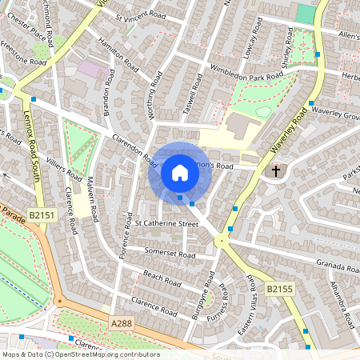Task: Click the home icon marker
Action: [x=180, y=173]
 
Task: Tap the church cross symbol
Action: [x=276, y=171]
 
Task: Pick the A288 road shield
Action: [x=122, y=322]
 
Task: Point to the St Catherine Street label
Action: [x=166, y=224]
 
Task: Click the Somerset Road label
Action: [x=170, y=254]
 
